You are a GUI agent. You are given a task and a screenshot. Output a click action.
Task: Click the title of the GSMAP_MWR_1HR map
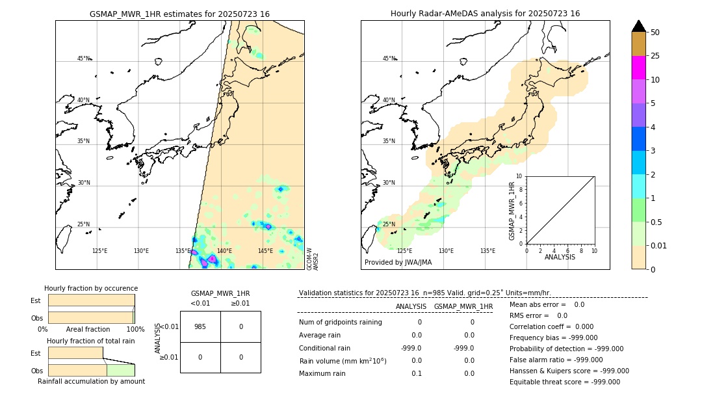click(179, 14)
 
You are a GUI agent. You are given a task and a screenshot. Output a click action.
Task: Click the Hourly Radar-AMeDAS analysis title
click(485, 14)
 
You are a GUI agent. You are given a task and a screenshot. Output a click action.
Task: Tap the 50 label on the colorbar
click(655, 33)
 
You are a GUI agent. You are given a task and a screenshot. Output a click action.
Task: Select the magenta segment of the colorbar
click(638, 68)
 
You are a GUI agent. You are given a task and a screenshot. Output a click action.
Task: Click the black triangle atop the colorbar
click(638, 26)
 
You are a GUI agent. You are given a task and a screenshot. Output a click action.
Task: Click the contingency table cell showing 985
click(200, 326)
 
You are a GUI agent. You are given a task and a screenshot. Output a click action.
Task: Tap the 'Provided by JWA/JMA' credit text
click(398, 263)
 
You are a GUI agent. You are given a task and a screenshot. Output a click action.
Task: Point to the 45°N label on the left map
click(84, 59)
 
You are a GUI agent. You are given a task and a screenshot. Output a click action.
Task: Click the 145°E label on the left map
click(265, 251)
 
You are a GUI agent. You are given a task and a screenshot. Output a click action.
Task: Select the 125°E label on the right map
click(404, 251)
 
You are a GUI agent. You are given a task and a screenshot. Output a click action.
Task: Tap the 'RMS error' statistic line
click(538, 315)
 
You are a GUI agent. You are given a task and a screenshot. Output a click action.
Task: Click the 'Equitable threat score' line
click(564, 382)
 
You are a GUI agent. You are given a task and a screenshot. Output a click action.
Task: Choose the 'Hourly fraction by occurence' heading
click(91, 288)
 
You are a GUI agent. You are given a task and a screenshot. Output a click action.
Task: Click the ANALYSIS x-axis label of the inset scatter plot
click(560, 257)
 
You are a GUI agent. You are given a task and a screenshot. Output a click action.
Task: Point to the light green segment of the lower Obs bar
click(120, 370)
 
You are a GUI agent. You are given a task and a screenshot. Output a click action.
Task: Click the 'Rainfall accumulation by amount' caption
click(91, 381)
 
